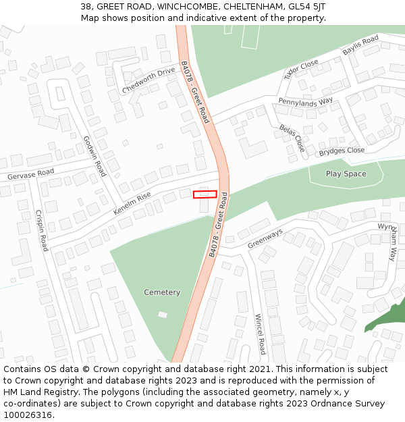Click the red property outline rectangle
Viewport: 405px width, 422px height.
point(205,194)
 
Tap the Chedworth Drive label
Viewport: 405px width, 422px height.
point(148,81)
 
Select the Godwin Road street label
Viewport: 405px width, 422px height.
point(94,156)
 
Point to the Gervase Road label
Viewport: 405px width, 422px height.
point(30,174)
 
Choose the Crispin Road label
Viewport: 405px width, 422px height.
point(41,230)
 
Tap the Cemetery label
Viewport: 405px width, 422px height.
point(162,292)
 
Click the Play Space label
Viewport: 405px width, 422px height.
point(346,174)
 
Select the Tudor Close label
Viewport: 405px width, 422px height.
point(301,69)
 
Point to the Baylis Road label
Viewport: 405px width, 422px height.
point(360,46)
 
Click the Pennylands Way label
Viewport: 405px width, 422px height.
point(306,101)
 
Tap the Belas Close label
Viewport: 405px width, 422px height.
point(292,138)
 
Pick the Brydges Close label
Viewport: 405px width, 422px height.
point(342,151)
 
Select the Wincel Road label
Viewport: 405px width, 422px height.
point(261,334)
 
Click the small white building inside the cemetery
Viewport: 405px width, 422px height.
point(163,315)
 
